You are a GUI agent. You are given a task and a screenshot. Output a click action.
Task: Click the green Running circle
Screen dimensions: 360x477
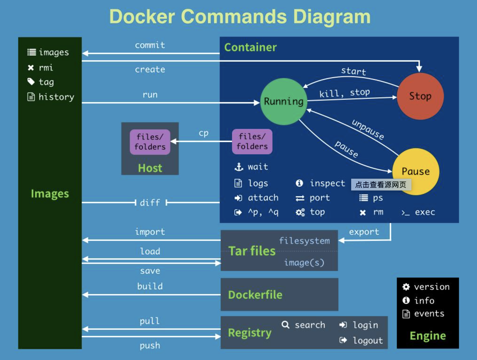283,101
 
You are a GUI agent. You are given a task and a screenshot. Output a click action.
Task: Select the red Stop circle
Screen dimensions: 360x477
420,96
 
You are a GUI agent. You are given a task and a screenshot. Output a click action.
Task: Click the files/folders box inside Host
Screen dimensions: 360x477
150,142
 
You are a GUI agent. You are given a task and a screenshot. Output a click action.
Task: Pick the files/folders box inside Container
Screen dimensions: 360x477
252,141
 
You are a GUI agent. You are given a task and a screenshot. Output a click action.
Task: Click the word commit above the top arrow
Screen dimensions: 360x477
150,45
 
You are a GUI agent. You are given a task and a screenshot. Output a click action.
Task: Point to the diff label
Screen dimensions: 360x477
150,203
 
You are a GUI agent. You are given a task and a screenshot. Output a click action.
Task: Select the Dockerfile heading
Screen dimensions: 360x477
255,295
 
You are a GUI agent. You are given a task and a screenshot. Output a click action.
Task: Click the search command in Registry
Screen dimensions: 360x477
310,325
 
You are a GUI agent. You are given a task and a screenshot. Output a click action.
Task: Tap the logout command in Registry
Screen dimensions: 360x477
368,341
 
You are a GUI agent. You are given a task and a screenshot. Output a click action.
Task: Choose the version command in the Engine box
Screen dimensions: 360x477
431,287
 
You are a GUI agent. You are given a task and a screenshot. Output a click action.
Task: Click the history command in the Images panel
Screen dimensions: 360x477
56,97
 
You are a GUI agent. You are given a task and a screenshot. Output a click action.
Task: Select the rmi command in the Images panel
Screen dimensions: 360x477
46,68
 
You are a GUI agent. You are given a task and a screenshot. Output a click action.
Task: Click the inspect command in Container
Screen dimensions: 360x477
327,183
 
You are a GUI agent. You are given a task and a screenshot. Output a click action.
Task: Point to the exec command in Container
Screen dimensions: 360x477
425,212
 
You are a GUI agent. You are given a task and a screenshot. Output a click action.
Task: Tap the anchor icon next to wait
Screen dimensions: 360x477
239,167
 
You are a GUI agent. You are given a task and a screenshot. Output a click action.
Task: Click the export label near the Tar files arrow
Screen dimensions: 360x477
364,232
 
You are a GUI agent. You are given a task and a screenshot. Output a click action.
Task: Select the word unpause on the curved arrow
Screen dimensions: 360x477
368,130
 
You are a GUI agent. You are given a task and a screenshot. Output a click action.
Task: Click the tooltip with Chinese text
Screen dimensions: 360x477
381,185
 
